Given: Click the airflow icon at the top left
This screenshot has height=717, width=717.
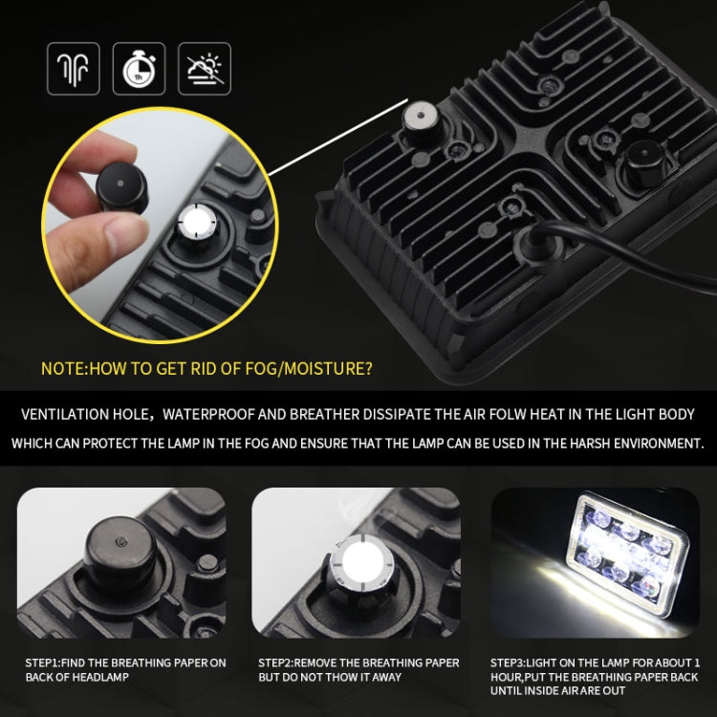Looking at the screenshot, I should click(74, 68).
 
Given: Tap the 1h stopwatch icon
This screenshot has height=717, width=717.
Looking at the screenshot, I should click(139, 68).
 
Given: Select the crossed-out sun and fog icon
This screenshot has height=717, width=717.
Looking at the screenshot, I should click(204, 68).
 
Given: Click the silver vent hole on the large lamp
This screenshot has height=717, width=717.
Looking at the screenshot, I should click(419, 118).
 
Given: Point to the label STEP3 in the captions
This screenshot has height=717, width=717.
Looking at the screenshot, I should click(511, 663).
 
